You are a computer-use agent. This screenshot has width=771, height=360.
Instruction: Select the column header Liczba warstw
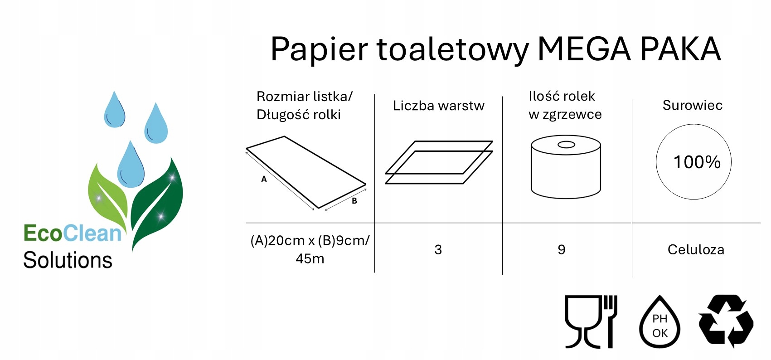438,106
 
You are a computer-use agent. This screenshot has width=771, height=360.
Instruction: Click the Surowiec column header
692,105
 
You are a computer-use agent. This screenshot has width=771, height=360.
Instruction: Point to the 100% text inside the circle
697,162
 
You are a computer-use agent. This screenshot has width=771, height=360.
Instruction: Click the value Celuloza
696,249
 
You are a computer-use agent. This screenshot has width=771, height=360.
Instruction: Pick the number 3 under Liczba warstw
438,249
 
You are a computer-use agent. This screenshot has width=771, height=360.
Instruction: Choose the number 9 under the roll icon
562,249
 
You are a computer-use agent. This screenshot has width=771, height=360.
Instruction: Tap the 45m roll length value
310,258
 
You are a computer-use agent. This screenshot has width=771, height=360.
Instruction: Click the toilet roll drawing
566,170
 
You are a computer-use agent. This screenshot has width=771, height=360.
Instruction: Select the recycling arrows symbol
726,321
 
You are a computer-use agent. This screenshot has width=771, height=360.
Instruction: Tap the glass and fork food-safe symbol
591,321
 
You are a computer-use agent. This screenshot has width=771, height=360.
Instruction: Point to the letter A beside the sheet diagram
264,179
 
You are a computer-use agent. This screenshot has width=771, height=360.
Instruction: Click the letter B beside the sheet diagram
354,201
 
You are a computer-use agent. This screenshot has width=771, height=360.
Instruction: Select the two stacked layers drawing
438,162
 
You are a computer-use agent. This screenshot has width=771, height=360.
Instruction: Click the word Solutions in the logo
68,260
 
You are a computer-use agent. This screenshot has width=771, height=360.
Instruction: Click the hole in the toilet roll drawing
566,145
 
